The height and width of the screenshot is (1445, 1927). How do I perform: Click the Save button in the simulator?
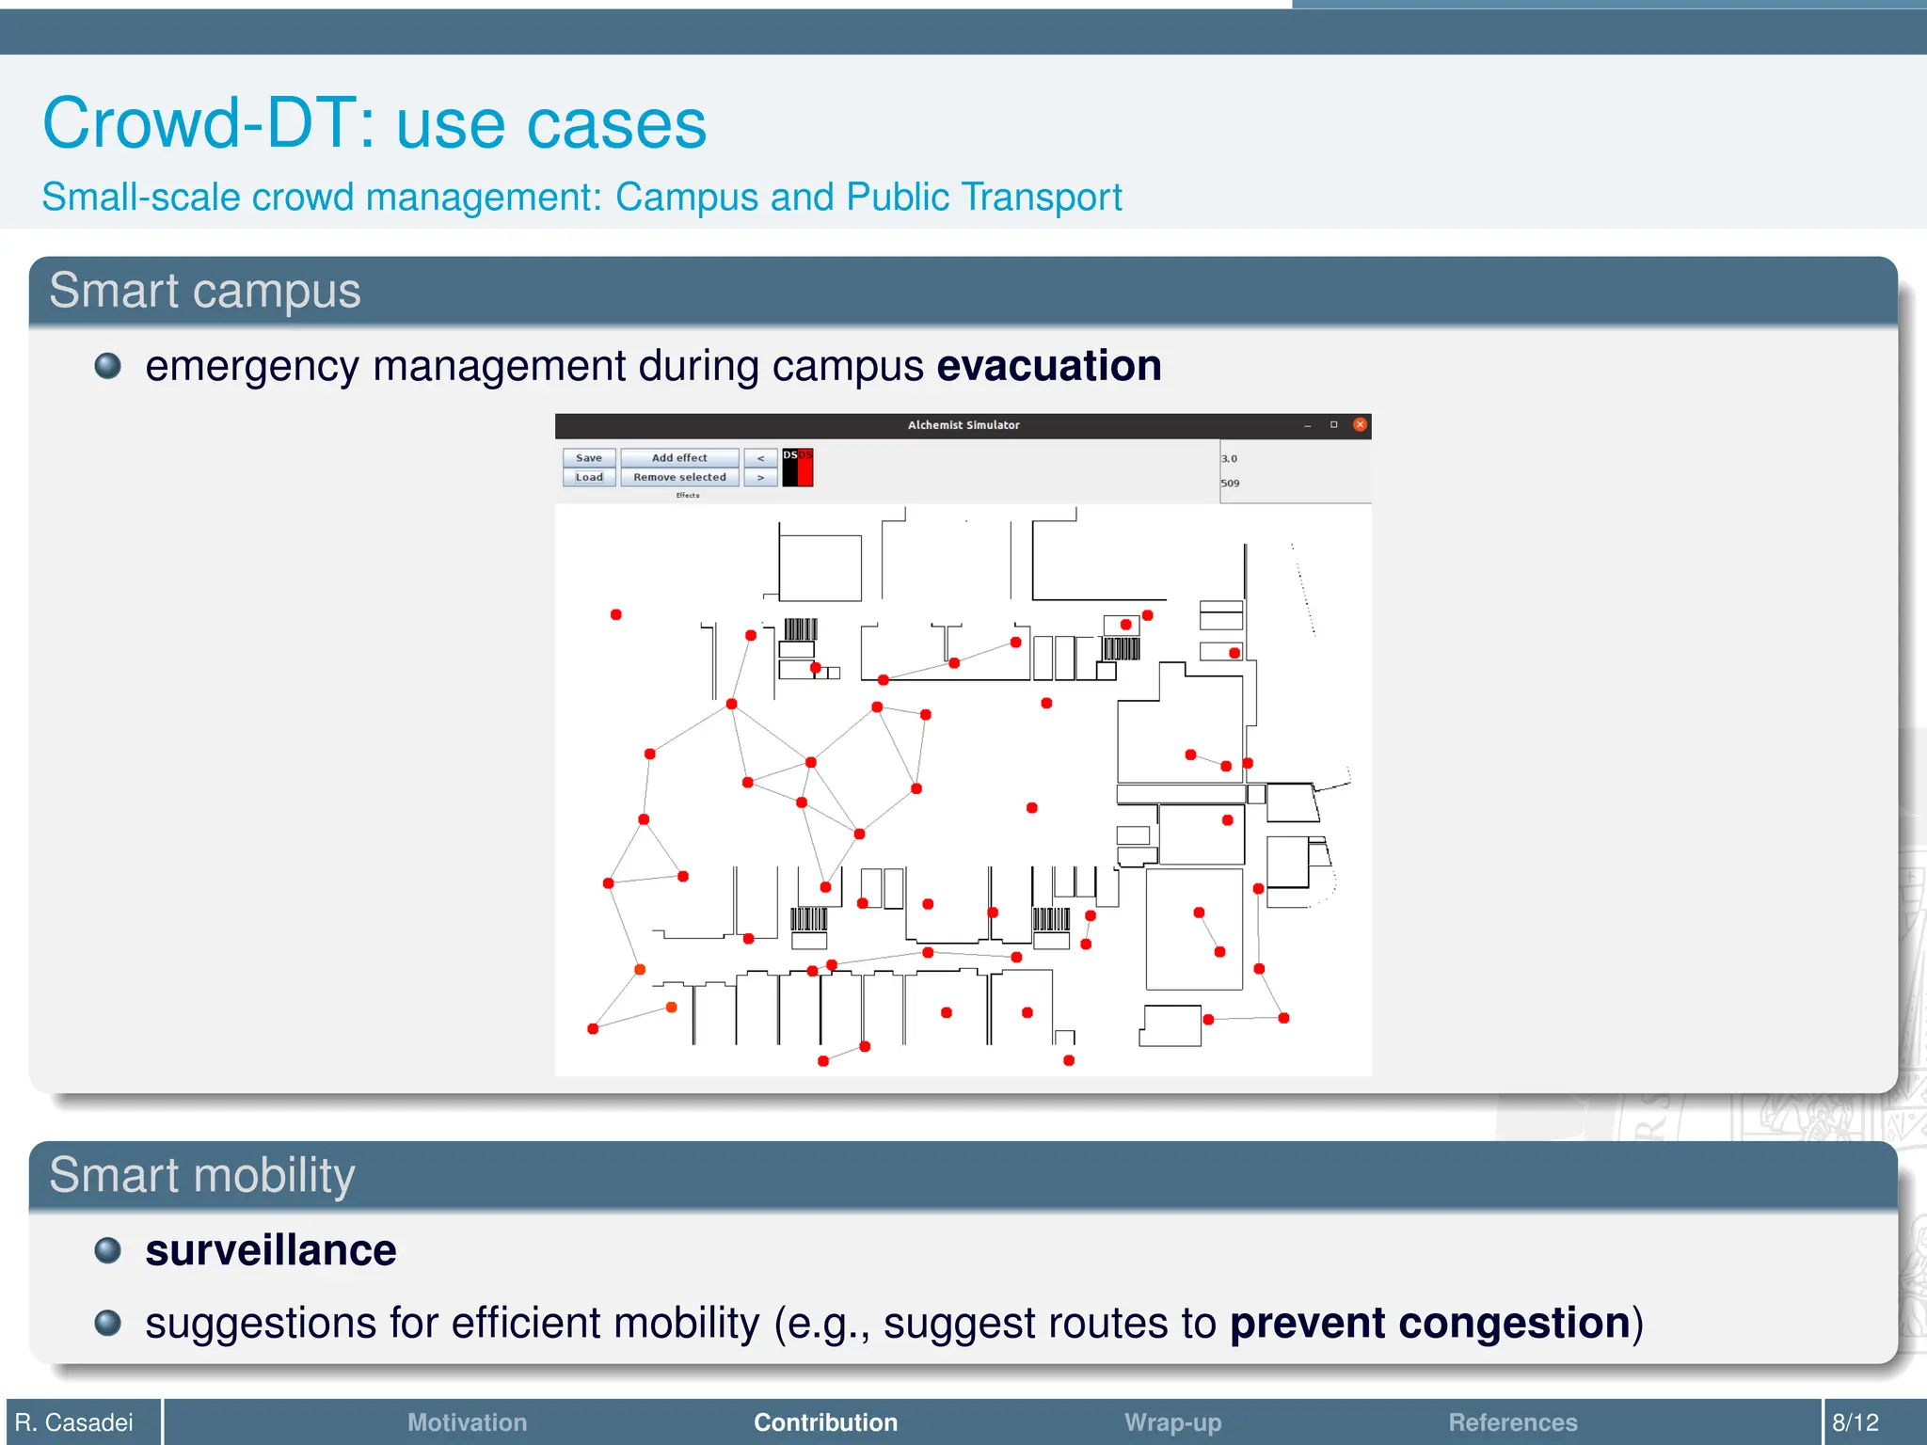589,458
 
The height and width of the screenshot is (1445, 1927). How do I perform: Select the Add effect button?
679,458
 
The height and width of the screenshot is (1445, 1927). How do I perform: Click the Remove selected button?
679,478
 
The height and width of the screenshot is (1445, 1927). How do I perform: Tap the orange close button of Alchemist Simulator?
1360,425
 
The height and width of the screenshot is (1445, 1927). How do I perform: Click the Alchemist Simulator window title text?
963,425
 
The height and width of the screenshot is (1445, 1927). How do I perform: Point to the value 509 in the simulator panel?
1230,484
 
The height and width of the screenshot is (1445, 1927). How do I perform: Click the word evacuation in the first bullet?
1048,366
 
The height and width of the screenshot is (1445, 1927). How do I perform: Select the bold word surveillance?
271,1250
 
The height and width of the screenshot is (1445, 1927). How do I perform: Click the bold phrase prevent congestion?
1429,1324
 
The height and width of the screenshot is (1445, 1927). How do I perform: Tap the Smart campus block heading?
205,291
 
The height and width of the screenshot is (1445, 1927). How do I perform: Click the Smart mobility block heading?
202,1176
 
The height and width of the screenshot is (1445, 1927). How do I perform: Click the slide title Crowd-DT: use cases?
374,123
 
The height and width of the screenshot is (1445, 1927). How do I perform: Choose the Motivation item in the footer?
467,1422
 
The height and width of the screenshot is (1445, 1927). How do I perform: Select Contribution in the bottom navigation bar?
825,1422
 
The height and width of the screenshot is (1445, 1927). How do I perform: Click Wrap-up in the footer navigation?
1172,1422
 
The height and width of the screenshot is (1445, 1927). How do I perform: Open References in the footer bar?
1512,1422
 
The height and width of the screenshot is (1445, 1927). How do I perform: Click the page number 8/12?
1855,1422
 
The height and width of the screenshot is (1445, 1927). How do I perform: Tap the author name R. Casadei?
74,1422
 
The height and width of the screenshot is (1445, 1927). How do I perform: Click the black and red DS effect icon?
797,468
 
